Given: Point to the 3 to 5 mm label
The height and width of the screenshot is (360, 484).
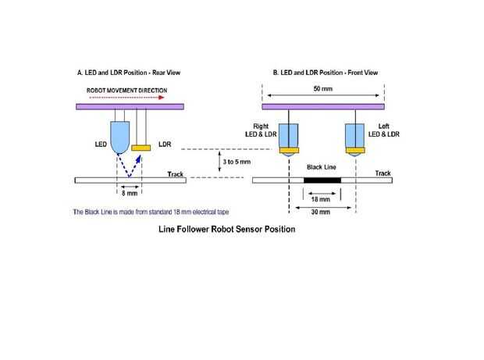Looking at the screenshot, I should (236, 162).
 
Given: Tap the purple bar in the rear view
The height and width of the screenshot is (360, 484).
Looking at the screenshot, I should (129, 106).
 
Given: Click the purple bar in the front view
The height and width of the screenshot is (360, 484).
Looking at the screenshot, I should (322, 106).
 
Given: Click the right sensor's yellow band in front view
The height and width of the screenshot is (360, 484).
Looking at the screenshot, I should (290, 151).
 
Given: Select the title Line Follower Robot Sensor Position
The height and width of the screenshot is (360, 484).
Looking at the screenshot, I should (227, 230).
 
